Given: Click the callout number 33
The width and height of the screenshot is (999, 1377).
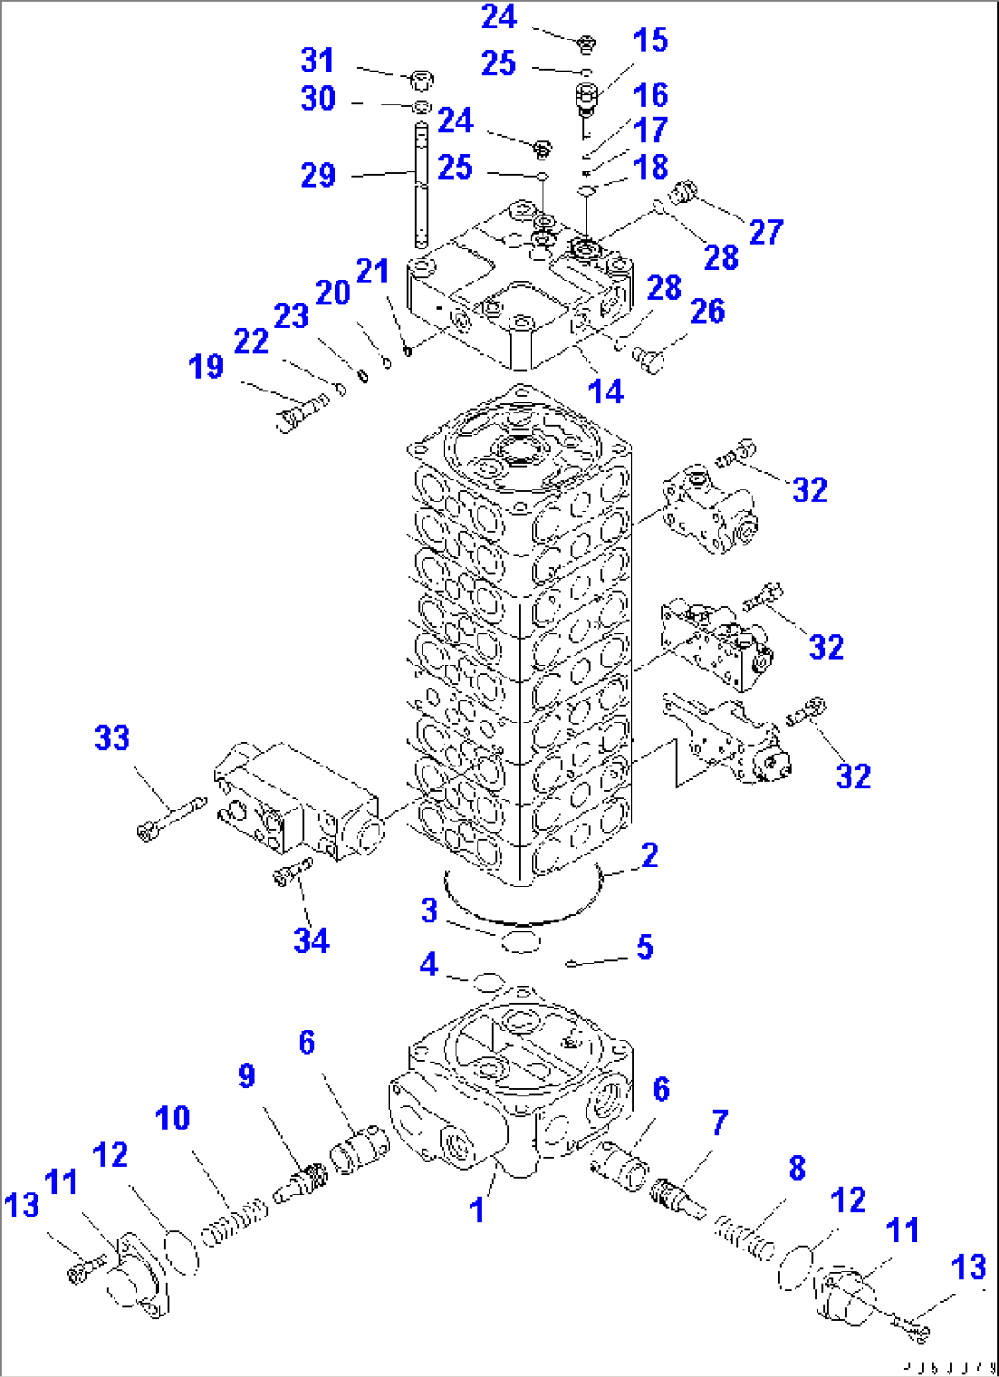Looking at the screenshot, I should point(113,738).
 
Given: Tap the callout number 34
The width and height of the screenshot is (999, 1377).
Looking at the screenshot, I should point(312,940).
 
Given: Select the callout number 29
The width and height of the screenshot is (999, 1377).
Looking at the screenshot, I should point(318,175).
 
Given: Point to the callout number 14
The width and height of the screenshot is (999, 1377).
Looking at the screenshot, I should point(606,391).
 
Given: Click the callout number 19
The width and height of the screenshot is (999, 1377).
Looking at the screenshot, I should point(206,367).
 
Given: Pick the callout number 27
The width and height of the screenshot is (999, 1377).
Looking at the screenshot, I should point(766,232).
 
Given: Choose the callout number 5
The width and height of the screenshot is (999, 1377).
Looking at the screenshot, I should point(644,947).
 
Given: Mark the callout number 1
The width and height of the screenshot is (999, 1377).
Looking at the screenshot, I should point(477,1210).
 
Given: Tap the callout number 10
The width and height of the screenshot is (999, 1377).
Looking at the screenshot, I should point(172,1118).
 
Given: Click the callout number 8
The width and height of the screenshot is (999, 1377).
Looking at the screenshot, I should point(796,1168).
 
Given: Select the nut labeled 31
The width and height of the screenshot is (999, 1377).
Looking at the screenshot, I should point(423,81).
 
